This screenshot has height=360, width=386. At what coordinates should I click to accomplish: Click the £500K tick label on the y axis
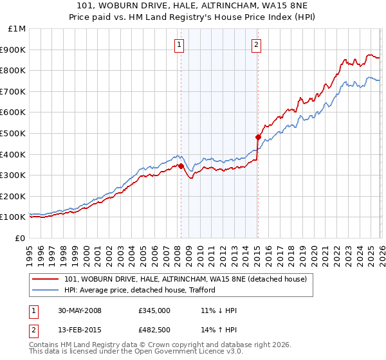pos(14,133)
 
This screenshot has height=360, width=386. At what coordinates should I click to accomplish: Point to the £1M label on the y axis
pos(17,29)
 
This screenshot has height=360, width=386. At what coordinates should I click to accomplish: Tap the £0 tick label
pos(21,238)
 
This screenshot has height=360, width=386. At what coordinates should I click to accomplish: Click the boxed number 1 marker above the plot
pos(178,44)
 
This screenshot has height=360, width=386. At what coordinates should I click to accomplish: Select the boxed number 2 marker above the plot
pos(256,44)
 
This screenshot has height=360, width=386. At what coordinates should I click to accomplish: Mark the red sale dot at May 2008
pos(181,166)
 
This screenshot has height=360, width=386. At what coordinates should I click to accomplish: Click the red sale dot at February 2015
pos(257,137)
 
